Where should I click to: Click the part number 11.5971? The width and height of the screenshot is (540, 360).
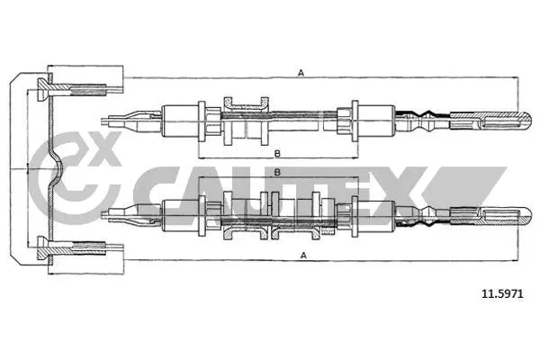tap(502, 294)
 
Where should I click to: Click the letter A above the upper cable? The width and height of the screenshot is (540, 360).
tap(301, 73)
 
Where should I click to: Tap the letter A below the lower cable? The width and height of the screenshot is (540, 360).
tap(303, 256)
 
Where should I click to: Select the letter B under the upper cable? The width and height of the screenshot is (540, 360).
tap(277, 154)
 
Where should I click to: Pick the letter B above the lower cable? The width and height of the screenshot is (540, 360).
tap(277, 172)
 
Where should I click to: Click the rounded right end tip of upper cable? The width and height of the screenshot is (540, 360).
tap(527, 121)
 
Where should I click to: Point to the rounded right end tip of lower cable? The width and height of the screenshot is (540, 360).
tap(527, 216)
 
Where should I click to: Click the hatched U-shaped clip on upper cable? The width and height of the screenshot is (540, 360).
tap(246, 104)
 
